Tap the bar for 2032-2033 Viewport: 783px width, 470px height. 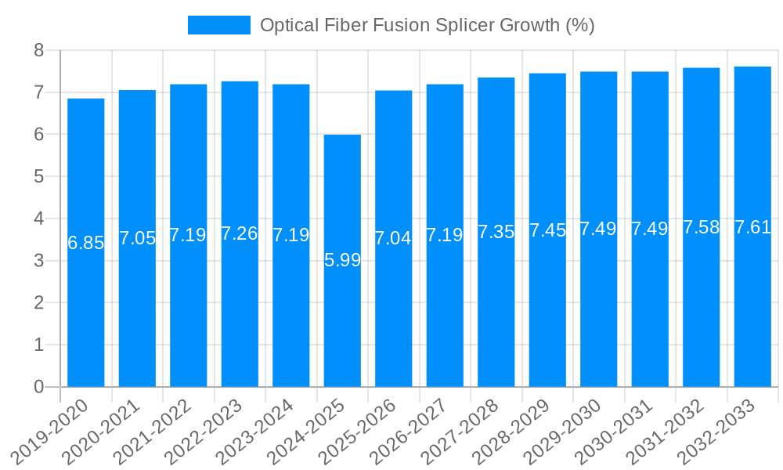coord(752,313)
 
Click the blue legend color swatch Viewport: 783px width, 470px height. coord(218,25)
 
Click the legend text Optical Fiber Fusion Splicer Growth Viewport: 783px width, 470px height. coord(427,25)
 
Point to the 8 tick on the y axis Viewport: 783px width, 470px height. coord(38,51)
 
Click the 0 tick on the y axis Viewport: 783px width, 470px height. coord(38,387)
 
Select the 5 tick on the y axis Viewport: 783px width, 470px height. coord(38,177)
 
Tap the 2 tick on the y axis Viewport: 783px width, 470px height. coord(38,303)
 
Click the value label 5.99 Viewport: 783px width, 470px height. coord(342,260)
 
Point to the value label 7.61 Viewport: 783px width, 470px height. coord(752,227)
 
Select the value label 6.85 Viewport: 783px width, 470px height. coord(86,243)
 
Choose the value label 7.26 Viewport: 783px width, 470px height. coord(240,233)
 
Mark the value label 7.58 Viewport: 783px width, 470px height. coord(702,227)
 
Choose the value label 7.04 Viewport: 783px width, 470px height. coord(394,238)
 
